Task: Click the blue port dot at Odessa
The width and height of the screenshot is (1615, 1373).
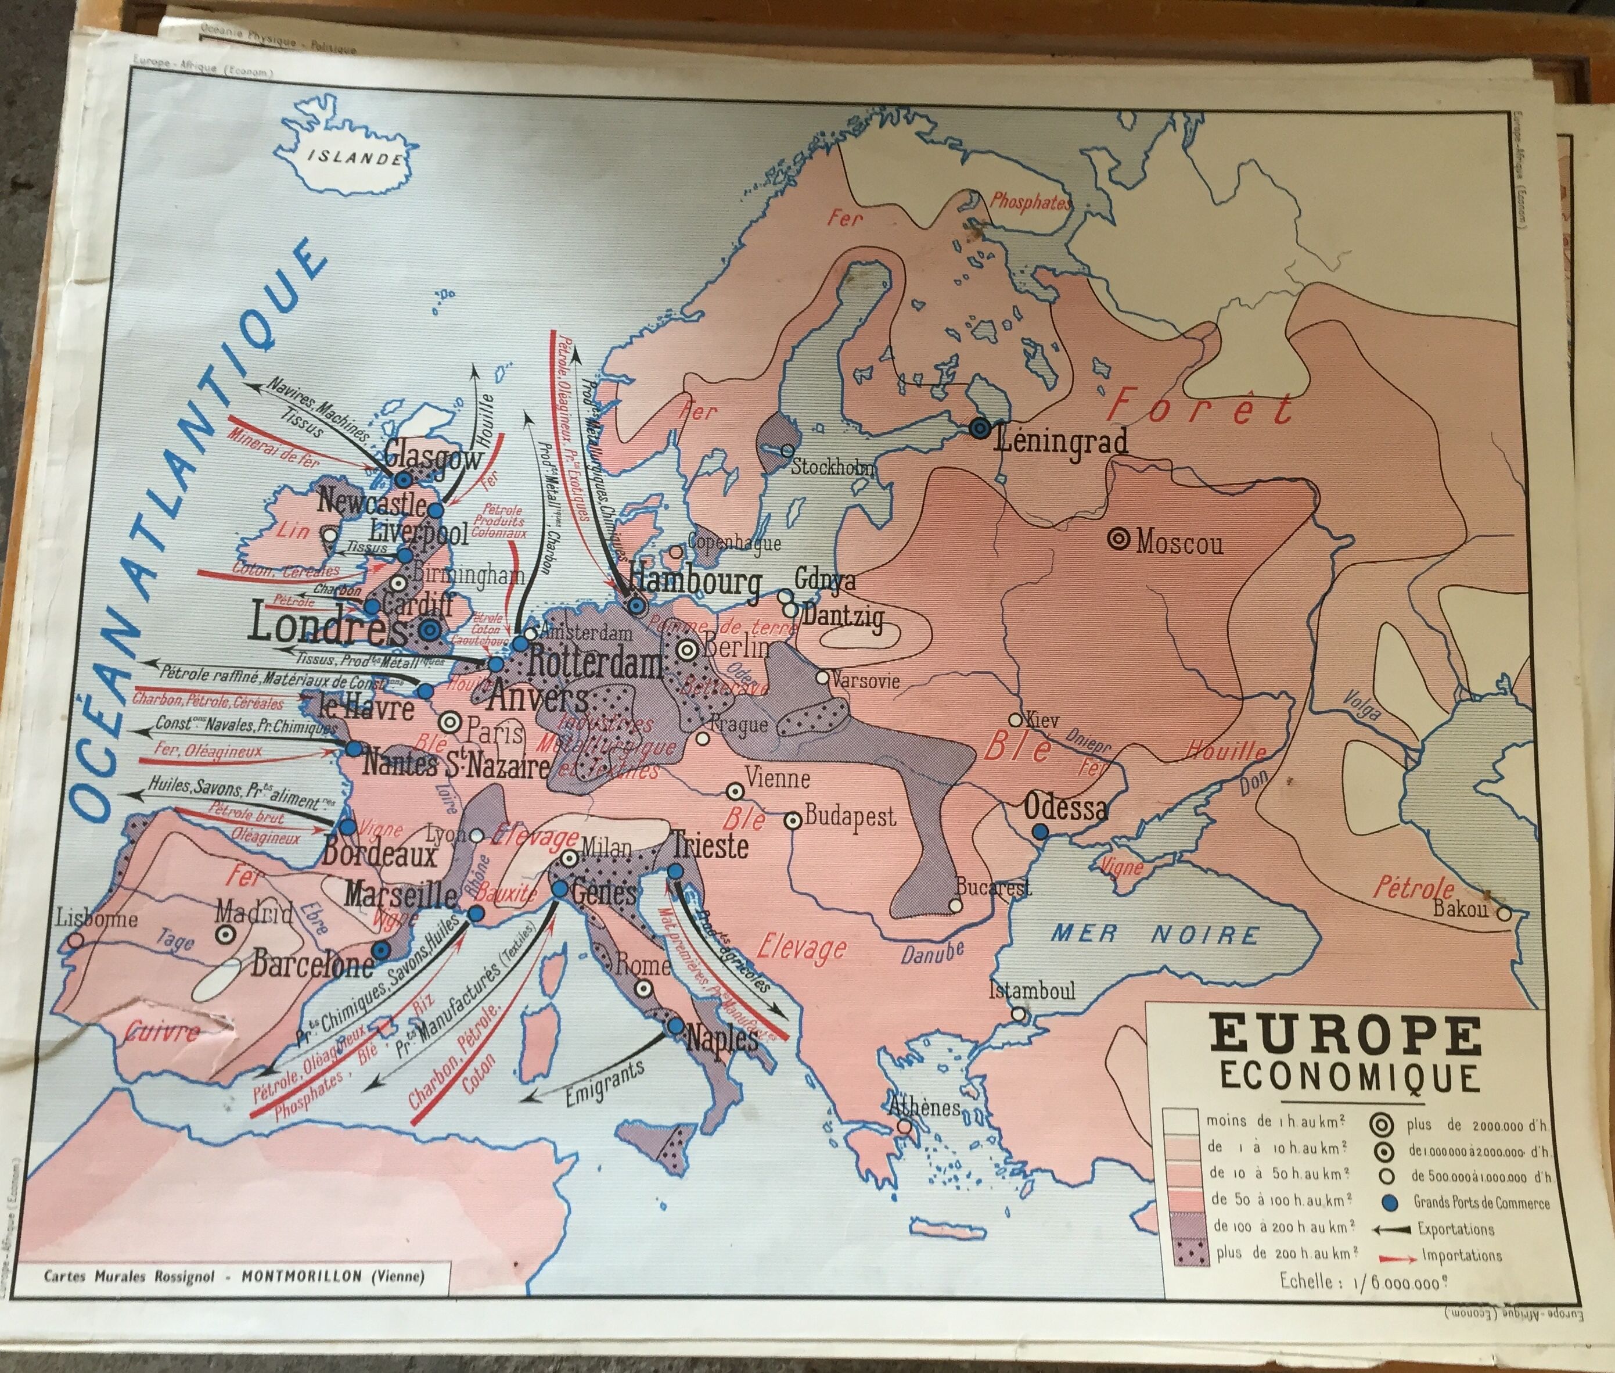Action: pos(1040,831)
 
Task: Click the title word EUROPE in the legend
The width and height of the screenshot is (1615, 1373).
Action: pos(1345,1038)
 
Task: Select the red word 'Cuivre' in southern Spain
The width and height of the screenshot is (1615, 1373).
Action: pos(162,1033)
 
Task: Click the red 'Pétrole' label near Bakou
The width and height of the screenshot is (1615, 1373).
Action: pos(1413,887)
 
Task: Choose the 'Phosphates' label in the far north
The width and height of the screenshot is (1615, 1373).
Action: pos(1029,202)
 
